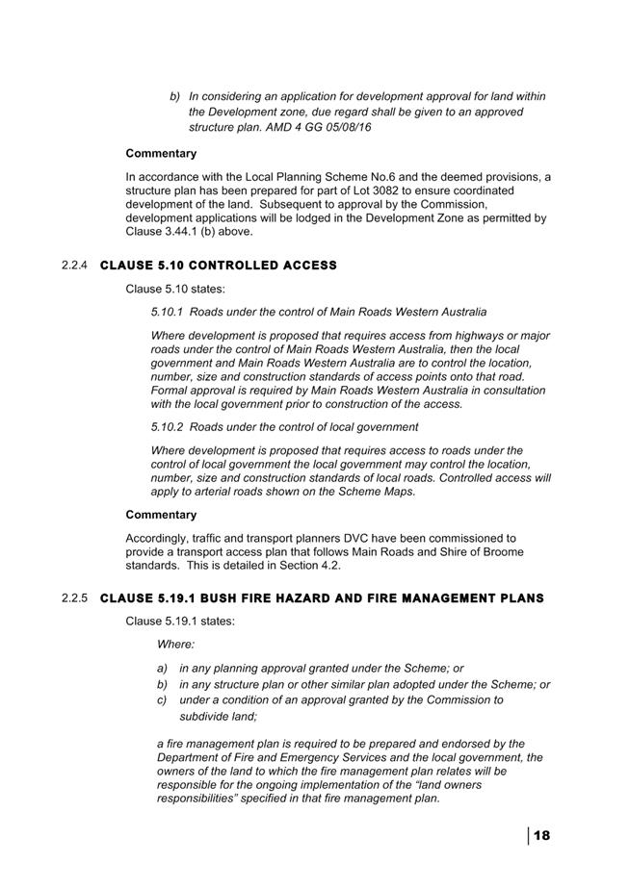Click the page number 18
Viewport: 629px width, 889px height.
point(541,835)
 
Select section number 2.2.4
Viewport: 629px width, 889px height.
point(75,266)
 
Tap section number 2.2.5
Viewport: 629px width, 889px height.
point(75,598)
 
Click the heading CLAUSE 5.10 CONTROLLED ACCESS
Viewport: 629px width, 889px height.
point(219,266)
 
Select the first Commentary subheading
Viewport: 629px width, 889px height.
point(161,153)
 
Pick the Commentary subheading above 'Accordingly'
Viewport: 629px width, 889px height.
point(161,515)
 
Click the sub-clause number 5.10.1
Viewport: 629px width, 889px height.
point(168,312)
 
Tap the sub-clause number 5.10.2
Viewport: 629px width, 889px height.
point(168,426)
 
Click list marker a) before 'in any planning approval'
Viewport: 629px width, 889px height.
point(163,668)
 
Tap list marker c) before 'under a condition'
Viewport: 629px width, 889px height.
point(163,699)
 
